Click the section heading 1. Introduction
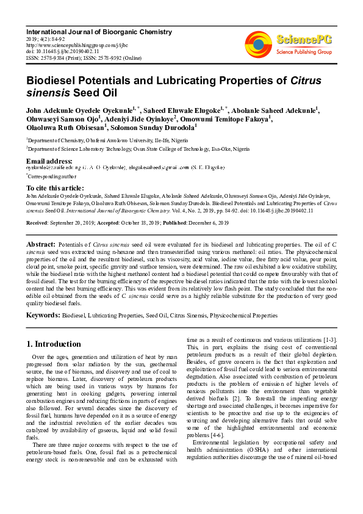coord(54,344)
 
